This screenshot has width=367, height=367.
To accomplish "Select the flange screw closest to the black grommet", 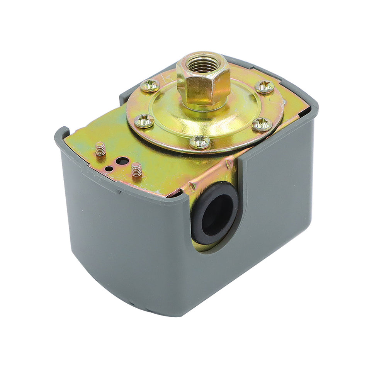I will tap(200, 142).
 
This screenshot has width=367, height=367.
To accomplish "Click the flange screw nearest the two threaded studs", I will tap(144, 121).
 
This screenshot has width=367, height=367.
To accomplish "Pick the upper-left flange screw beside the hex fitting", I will tap(150, 86).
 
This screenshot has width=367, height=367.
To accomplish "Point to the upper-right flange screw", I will tap(265, 87).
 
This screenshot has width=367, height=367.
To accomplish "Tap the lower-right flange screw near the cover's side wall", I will tap(262, 124).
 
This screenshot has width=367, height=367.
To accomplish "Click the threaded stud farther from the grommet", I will tap(100, 149).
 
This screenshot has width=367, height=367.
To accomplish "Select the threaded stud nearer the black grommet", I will tap(136, 169).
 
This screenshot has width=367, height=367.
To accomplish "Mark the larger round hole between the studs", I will tap(122, 160).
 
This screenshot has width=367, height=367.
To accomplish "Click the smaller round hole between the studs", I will tap(110, 168).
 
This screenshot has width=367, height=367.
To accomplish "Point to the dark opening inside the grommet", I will tap(216, 214).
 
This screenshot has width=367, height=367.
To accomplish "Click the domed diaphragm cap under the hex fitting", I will tap(232, 116).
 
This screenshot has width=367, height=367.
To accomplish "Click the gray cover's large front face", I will tap(124, 240).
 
